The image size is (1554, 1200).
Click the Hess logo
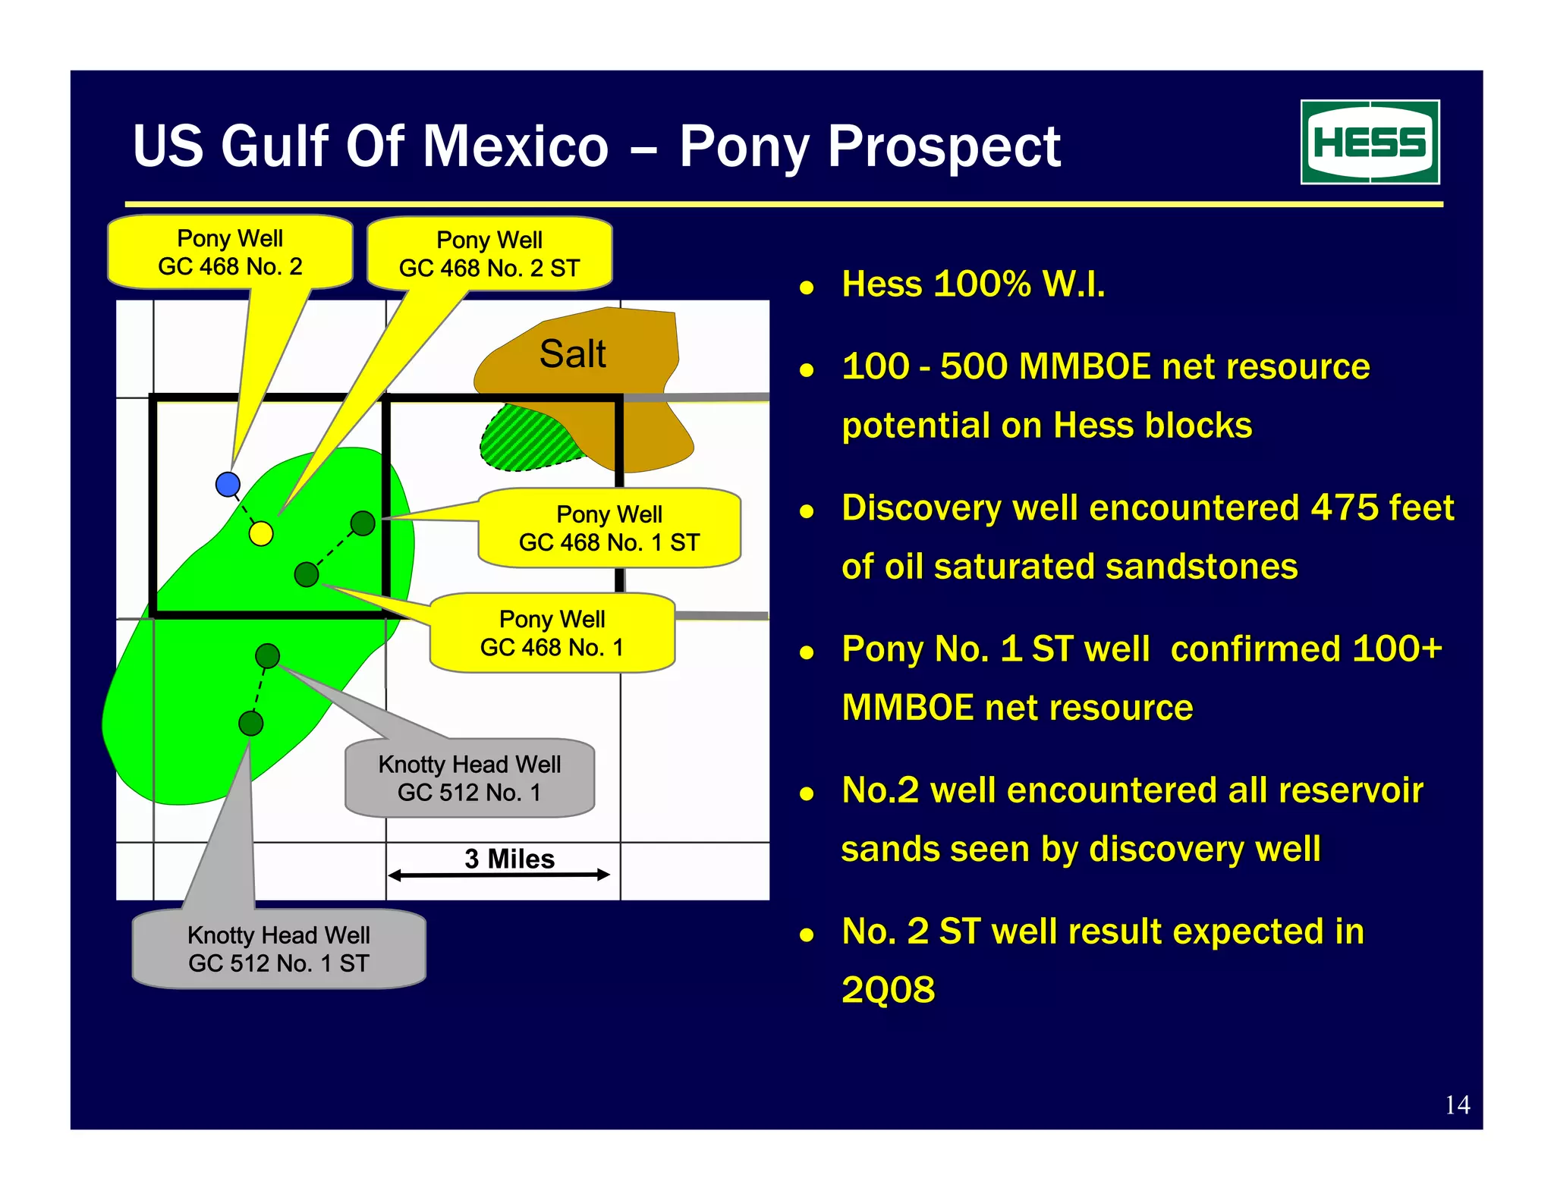(1370, 142)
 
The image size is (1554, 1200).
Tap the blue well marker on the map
(228, 484)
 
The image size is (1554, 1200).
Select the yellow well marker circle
(261, 533)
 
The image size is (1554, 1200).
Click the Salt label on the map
(572, 354)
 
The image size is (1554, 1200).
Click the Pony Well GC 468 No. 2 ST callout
(489, 254)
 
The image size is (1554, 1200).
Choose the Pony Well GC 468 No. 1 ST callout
(609, 528)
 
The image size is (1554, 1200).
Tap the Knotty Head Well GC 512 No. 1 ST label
(278, 949)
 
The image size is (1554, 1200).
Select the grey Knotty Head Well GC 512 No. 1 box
(469, 778)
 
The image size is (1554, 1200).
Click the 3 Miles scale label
(509, 859)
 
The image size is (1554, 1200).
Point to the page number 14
(1457, 1105)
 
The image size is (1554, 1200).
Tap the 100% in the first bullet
(982, 284)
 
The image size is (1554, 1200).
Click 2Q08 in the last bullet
(888, 990)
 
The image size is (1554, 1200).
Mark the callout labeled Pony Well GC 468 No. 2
(230, 253)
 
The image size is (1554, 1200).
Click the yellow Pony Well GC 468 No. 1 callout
(552, 633)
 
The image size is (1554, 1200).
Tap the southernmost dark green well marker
(250, 723)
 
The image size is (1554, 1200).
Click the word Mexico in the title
(515, 146)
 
